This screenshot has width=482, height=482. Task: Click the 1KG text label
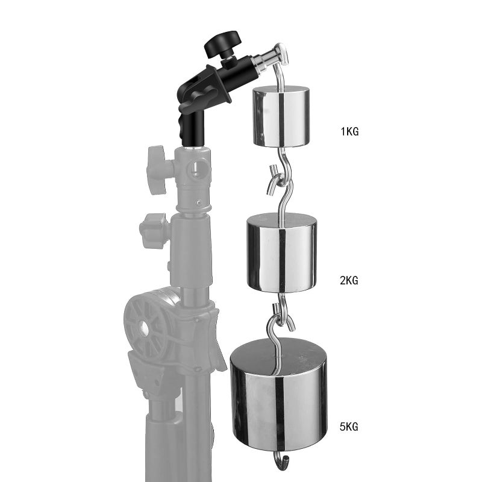(x=349, y=131)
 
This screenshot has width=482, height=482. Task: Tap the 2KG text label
(x=349, y=281)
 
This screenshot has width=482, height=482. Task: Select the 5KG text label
(x=349, y=427)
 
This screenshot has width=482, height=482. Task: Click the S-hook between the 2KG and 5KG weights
(x=278, y=319)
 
